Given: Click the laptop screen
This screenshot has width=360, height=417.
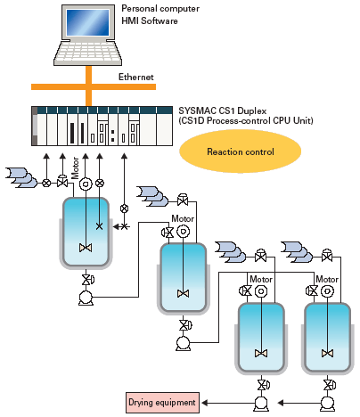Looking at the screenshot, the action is [x=87, y=22].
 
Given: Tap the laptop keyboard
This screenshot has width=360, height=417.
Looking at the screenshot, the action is [x=88, y=52].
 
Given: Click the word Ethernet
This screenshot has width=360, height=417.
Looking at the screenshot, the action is [x=136, y=77].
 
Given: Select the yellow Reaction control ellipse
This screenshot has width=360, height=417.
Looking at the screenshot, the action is [x=240, y=151].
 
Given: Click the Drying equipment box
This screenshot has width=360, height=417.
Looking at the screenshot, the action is [x=162, y=403].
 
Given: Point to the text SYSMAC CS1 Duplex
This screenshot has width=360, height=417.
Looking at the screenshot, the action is [x=223, y=110].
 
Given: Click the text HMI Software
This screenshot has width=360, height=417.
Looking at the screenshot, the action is [x=150, y=20].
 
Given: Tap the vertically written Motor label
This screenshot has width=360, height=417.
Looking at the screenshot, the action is [x=75, y=168].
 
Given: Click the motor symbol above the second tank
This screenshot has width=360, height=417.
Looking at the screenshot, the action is [x=183, y=232].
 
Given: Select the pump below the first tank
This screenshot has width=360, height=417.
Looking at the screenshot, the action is [x=86, y=298].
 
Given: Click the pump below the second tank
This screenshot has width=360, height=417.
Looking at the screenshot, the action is [x=183, y=343].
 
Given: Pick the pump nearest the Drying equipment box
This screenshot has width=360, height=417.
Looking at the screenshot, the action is [x=261, y=404].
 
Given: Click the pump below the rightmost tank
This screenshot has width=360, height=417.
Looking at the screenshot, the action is [x=327, y=404].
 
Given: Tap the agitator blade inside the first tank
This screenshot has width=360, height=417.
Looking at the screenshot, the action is [x=86, y=247].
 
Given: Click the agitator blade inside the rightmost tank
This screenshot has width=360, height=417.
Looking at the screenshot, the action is [x=327, y=353].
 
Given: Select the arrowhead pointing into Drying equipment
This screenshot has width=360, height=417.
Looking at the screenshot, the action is [x=204, y=403].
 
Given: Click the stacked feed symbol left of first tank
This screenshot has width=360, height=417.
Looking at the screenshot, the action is [x=21, y=177].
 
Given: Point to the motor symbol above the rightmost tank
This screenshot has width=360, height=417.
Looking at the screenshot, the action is [x=327, y=291].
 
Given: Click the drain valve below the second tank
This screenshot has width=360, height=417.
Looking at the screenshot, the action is [x=184, y=325].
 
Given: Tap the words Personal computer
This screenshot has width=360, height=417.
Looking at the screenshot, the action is [x=160, y=8].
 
